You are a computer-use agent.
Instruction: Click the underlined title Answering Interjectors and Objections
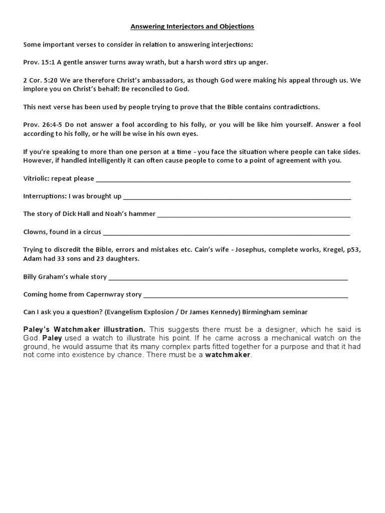(x=192, y=27)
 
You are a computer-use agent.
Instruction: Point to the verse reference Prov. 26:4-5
(x=42, y=124)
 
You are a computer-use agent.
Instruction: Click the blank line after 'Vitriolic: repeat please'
(x=223, y=179)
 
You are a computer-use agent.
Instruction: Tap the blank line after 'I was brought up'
(x=237, y=197)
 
